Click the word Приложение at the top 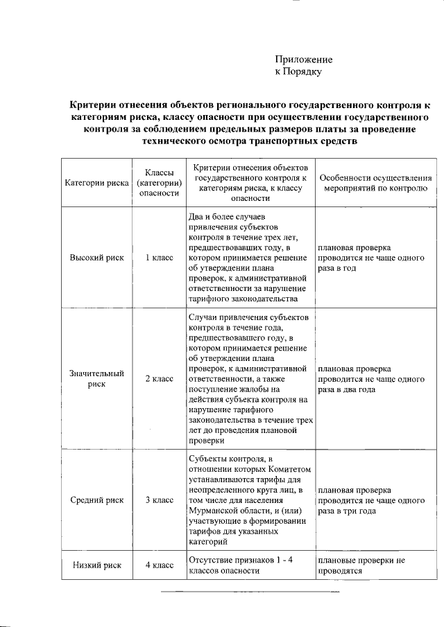pyautogui.click(x=304, y=60)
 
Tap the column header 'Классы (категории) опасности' pyautogui.click(x=159, y=183)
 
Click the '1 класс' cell pyautogui.click(x=159, y=257)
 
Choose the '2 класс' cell pyautogui.click(x=159, y=379)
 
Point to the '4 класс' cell pyautogui.click(x=159, y=565)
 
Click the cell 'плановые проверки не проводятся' pyautogui.click(x=361, y=565)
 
